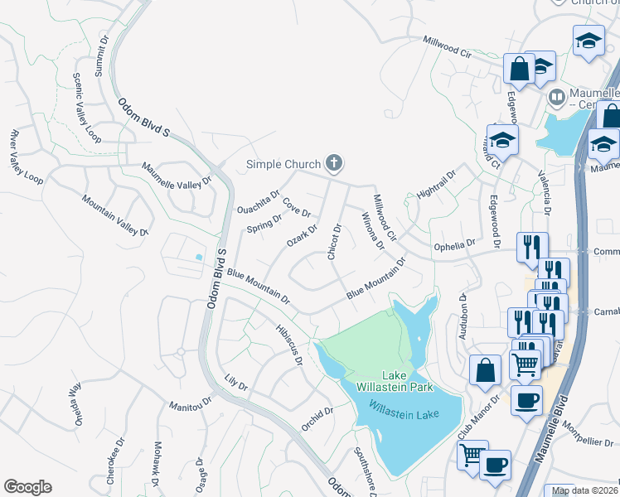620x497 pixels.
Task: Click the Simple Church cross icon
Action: pos(334,162)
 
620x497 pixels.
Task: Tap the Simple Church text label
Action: pos(283,164)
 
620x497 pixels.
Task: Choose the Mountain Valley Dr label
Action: pos(114,215)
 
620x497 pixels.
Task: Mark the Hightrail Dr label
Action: pos(437,190)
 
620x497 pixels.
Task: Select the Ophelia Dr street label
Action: pos(455,246)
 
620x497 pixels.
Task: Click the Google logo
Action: pos(27,487)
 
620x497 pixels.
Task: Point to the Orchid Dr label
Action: pos(317,417)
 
